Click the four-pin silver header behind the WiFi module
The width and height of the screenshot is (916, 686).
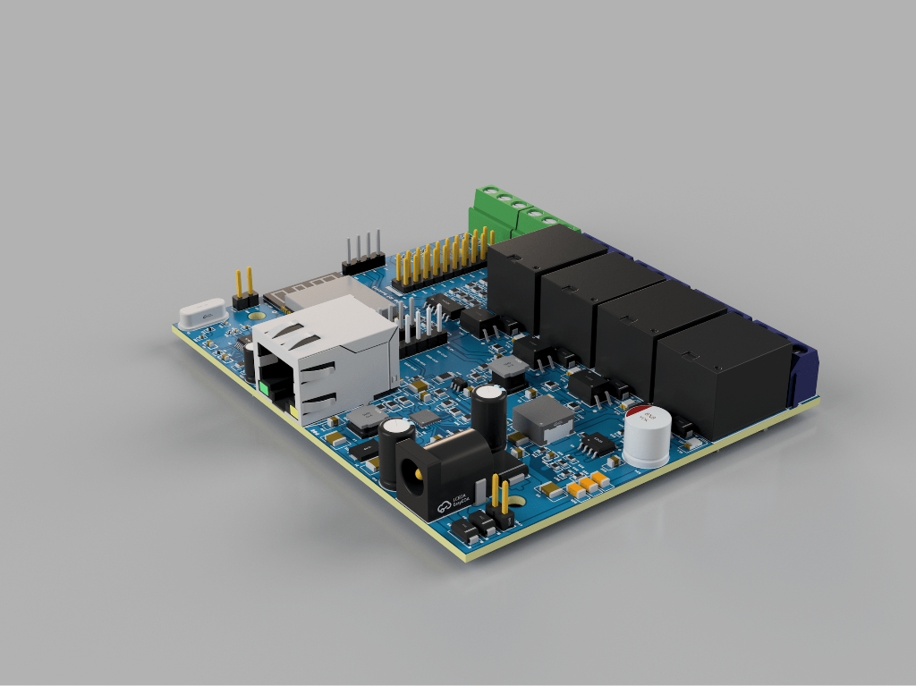click(363, 252)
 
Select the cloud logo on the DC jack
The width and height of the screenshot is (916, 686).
click(445, 508)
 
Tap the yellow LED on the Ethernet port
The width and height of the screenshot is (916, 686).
click(293, 409)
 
